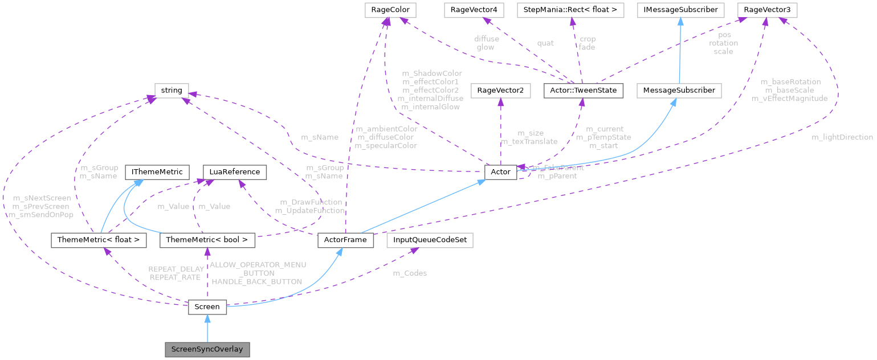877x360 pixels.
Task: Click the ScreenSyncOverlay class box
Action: coord(207,349)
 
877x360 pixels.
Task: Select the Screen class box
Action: coord(207,306)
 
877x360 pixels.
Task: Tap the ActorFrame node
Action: coord(345,240)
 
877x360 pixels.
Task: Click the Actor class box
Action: coord(500,171)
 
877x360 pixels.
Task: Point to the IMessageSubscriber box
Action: coord(679,10)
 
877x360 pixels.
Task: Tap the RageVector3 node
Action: coord(766,10)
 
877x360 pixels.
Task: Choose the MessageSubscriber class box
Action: coord(679,90)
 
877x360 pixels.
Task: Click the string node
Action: coord(172,90)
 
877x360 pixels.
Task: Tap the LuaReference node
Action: coord(235,171)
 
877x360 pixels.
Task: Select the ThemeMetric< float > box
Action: coord(99,240)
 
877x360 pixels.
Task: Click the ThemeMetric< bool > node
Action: coord(207,240)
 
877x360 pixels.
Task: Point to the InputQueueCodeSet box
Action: coord(430,240)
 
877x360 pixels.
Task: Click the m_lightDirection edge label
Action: coord(842,137)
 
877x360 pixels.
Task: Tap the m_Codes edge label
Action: coord(410,273)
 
